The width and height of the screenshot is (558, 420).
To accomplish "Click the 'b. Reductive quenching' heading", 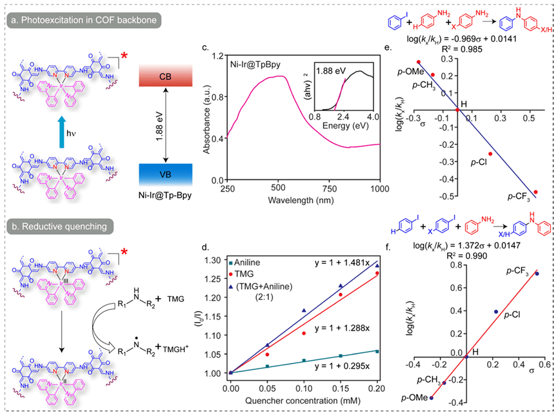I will point(58,226).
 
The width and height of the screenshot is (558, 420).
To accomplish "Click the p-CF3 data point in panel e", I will point(536,192).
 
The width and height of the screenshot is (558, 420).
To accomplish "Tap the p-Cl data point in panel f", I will point(496,312).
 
